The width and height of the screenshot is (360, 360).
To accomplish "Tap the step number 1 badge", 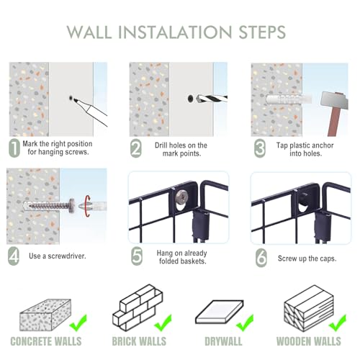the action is pos(14,148).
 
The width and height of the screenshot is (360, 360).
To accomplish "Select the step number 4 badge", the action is pos(14,256).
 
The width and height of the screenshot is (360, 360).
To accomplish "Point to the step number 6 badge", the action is pos(261,258).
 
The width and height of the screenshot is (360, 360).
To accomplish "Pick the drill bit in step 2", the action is pos(211,99).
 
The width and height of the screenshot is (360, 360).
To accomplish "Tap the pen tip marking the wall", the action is pos(76,100).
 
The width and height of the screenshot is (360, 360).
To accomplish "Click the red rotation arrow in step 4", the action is pos(88,206).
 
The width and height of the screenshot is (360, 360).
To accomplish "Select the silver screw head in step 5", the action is pos(181,197).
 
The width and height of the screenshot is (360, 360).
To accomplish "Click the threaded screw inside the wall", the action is pos(52,206).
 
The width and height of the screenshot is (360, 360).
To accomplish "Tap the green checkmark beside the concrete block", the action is pos(78,323).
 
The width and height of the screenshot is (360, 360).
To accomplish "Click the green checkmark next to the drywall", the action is pos(245,323).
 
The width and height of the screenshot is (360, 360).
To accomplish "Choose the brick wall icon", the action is pos(138,307).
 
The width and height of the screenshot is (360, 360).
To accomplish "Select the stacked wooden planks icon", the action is pos(309,309).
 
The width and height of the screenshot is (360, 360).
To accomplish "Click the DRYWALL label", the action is pos(223,341).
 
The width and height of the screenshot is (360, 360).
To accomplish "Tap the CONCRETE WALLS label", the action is pos(46,341).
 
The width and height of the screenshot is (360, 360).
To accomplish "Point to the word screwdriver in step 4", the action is pos(67,256).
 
